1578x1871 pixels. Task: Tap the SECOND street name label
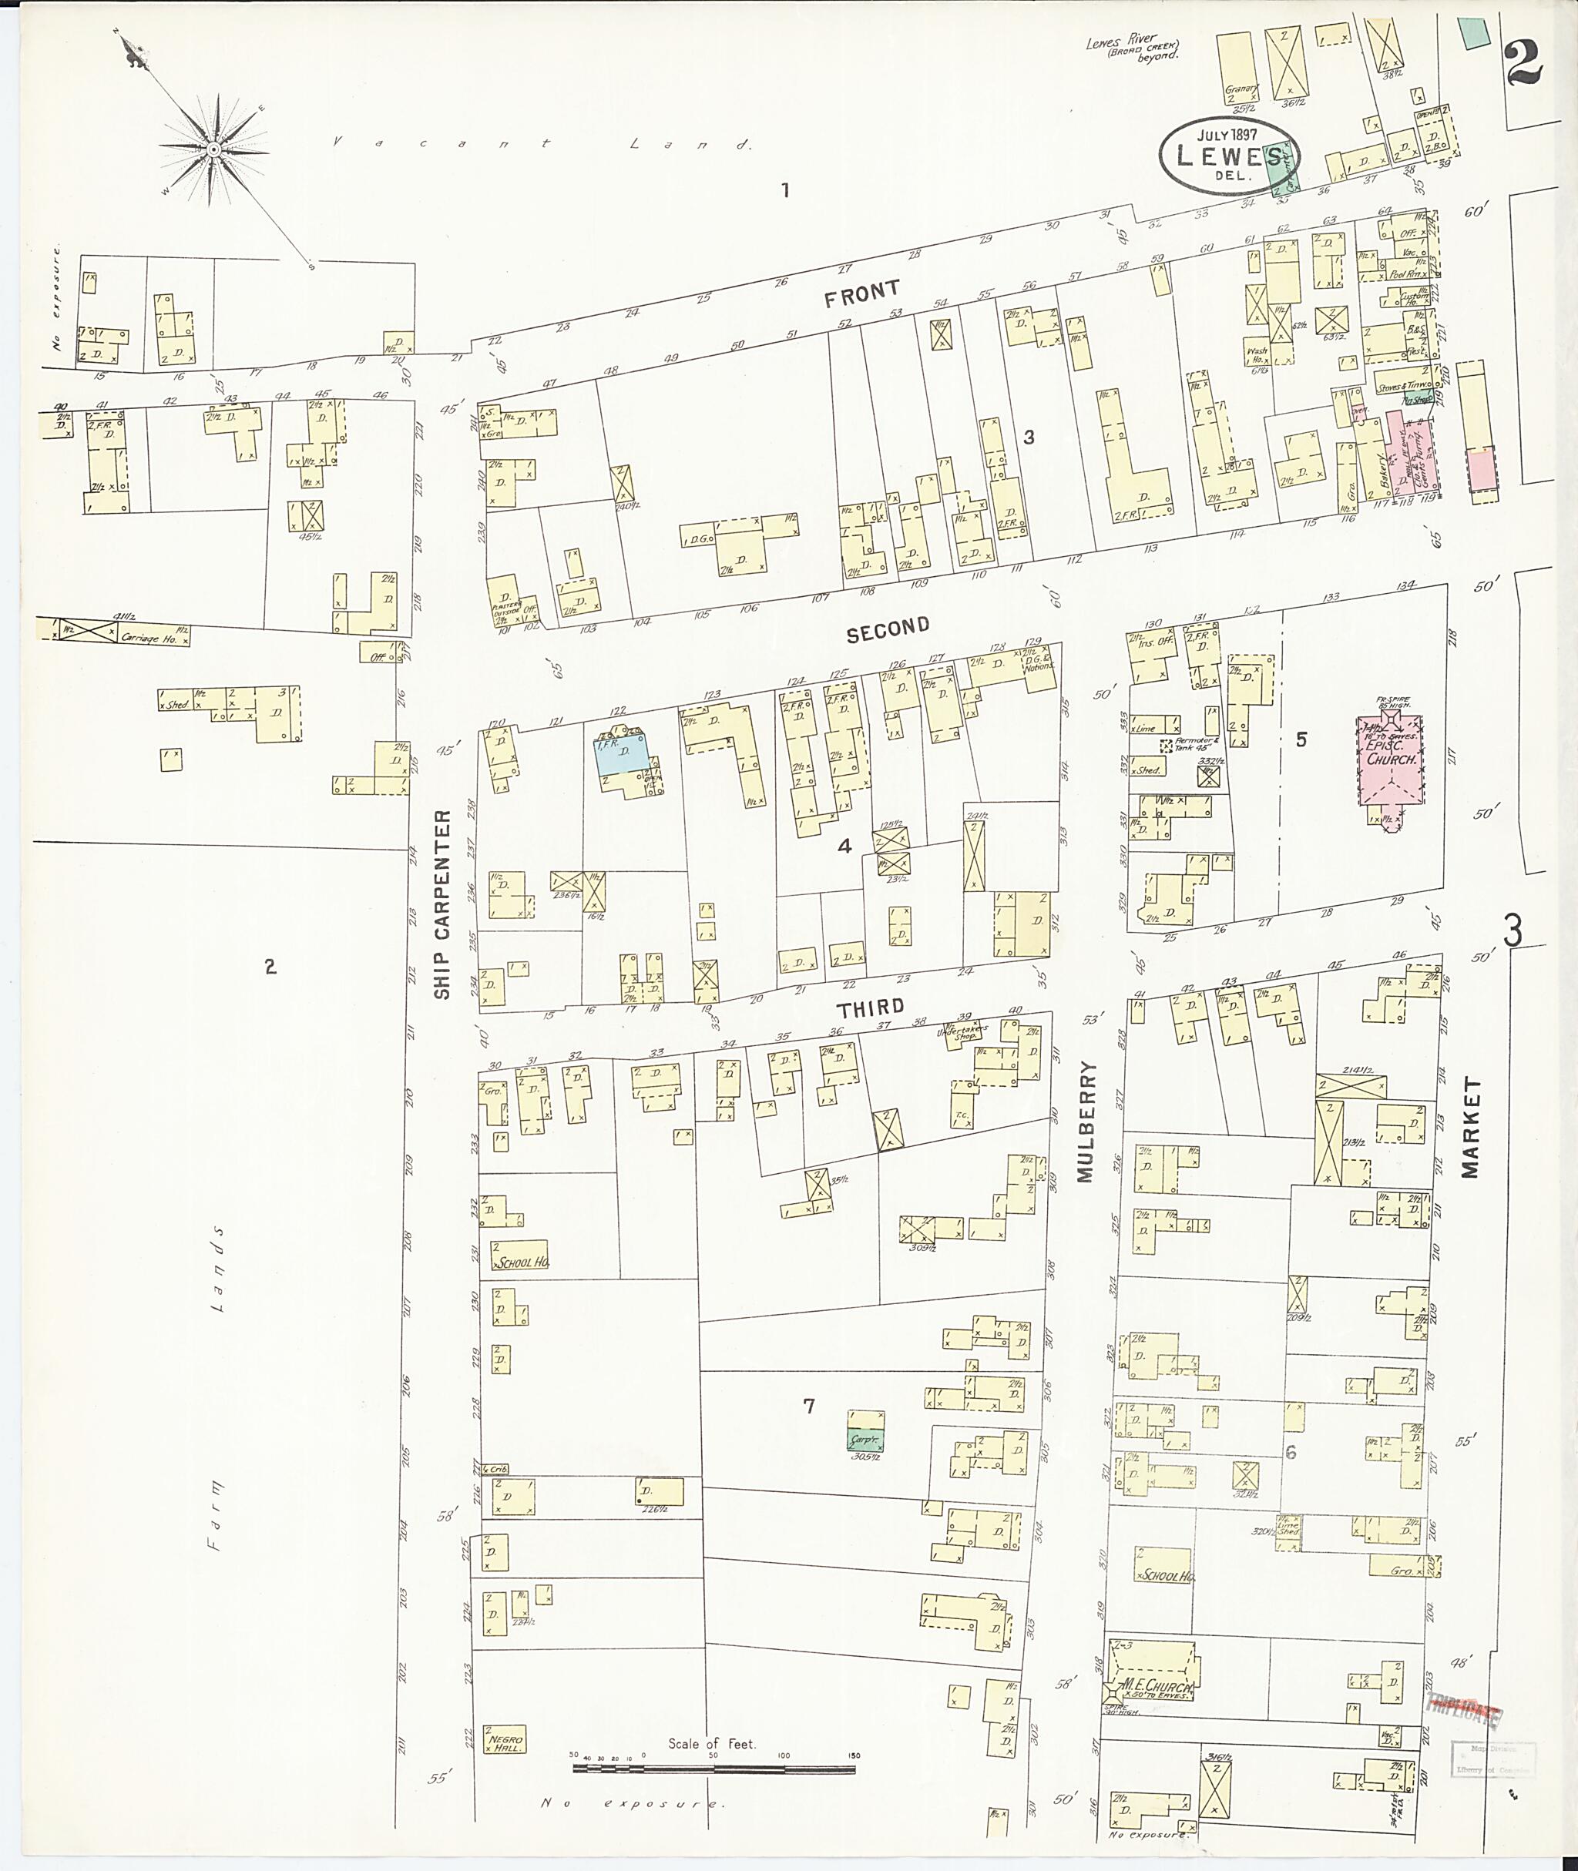coord(888,629)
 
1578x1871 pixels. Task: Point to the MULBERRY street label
coord(1087,1122)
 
